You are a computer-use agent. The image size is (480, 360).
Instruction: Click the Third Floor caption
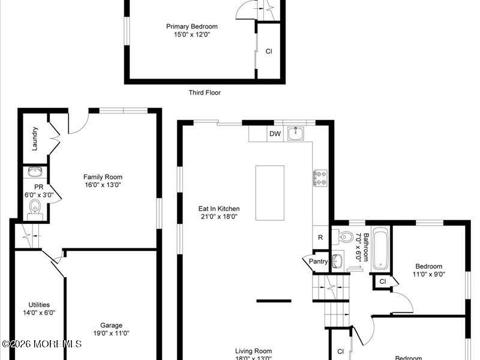pyautogui.click(x=205, y=92)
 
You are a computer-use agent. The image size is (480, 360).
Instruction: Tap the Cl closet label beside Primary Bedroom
pyautogui.click(x=269, y=52)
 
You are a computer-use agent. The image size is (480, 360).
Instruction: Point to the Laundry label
pyautogui.click(x=35, y=138)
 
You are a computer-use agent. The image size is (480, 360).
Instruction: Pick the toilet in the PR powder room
pyautogui.click(x=34, y=208)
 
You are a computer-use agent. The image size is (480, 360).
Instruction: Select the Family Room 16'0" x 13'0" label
pyautogui.click(x=103, y=181)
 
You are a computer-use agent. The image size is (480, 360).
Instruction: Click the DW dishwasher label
pyautogui.click(x=275, y=134)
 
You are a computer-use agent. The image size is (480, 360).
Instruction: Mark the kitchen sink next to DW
pyautogui.click(x=295, y=133)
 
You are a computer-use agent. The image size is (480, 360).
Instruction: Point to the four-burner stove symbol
pyautogui.click(x=320, y=177)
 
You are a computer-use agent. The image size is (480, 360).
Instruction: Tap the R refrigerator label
pyautogui.click(x=320, y=238)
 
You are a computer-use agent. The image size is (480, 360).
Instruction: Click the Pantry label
pyautogui.click(x=318, y=261)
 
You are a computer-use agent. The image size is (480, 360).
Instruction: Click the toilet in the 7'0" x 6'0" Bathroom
pyautogui.click(x=344, y=238)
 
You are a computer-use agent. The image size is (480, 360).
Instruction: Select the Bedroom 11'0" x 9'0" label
pyautogui.click(x=428, y=270)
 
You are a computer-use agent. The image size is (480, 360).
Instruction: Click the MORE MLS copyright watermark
pyautogui.click(x=41, y=344)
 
